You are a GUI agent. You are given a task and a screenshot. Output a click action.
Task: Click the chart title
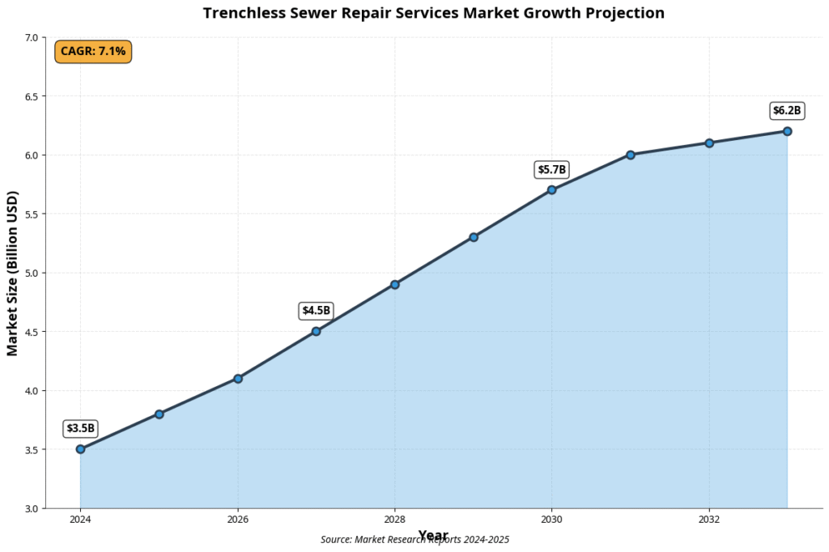click(x=433, y=13)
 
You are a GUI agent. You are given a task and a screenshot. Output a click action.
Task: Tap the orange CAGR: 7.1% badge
click(x=93, y=52)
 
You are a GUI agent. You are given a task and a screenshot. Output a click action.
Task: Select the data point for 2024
click(x=80, y=449)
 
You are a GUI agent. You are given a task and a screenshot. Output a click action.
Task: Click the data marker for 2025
click(x=159, y=414)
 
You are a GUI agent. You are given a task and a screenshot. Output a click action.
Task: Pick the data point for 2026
click(x=238, y=379)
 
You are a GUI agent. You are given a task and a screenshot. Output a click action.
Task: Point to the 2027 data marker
click(x=317, y=331)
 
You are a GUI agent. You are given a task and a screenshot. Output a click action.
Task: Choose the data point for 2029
click(x=474, y=237)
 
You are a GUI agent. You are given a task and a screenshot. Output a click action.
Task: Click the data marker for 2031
click(x=631, y=155)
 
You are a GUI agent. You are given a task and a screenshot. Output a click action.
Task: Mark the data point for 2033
click(x=787, y=131)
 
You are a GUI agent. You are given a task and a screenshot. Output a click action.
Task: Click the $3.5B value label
click(x=80, y=428)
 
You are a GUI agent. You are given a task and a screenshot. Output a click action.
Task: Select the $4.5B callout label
click(x=317, y=310)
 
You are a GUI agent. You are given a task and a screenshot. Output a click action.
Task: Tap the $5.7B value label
click(x=552, y=169)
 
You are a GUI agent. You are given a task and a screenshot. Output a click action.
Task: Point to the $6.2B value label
click(x=786, y=111)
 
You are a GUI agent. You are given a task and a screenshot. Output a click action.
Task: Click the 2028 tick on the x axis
click(x=395, y=520)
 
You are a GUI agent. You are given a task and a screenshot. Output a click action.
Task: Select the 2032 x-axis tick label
click(x=709, y=520)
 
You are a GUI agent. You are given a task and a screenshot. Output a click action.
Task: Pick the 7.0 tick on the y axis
click(x=32, y=38)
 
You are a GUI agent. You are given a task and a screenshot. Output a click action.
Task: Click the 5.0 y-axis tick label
click(x=32, y=273)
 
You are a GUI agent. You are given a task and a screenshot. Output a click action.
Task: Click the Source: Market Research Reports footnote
click(x=414, y=540)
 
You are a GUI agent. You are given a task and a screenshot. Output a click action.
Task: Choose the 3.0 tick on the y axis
click(x=32, y=508)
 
